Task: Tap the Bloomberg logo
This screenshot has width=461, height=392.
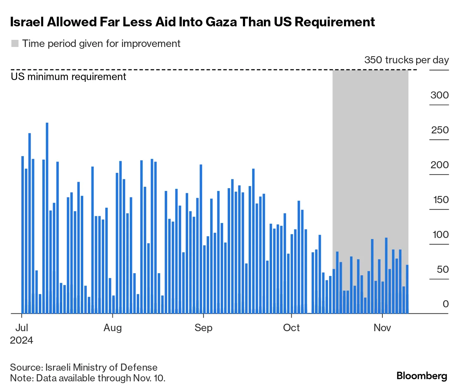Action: [x=422, y=376]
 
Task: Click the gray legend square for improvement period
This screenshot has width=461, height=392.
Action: [x=15, y=44]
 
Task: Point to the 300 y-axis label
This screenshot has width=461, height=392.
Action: [x=439, y=95]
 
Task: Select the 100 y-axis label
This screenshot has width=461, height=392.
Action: [x=440, y=234]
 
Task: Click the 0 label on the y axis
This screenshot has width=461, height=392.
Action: [x=446, y=304]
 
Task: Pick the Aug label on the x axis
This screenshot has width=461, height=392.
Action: [x=112, y=328]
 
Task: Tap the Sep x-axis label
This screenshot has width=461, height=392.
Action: [x=203, y=328]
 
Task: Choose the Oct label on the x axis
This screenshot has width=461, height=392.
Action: [x=291, y=328]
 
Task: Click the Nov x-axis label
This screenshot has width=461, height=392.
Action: [x=382, y=328]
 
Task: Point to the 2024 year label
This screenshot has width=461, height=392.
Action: [x=21, y=340]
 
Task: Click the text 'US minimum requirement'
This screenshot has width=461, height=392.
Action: [x=69, y=77]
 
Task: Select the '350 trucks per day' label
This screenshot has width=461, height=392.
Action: [x=406, y=60]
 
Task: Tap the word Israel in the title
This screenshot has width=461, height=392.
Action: [x=27, y=22]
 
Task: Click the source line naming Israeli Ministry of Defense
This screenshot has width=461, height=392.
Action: [x=84, y=367]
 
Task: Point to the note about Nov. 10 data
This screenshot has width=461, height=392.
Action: [x=88, y=378]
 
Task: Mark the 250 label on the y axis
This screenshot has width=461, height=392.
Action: [x=440, y=130]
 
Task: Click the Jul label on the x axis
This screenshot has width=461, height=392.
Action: [x=22, y=328]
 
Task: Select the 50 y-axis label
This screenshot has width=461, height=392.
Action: [x=443, y=269]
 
